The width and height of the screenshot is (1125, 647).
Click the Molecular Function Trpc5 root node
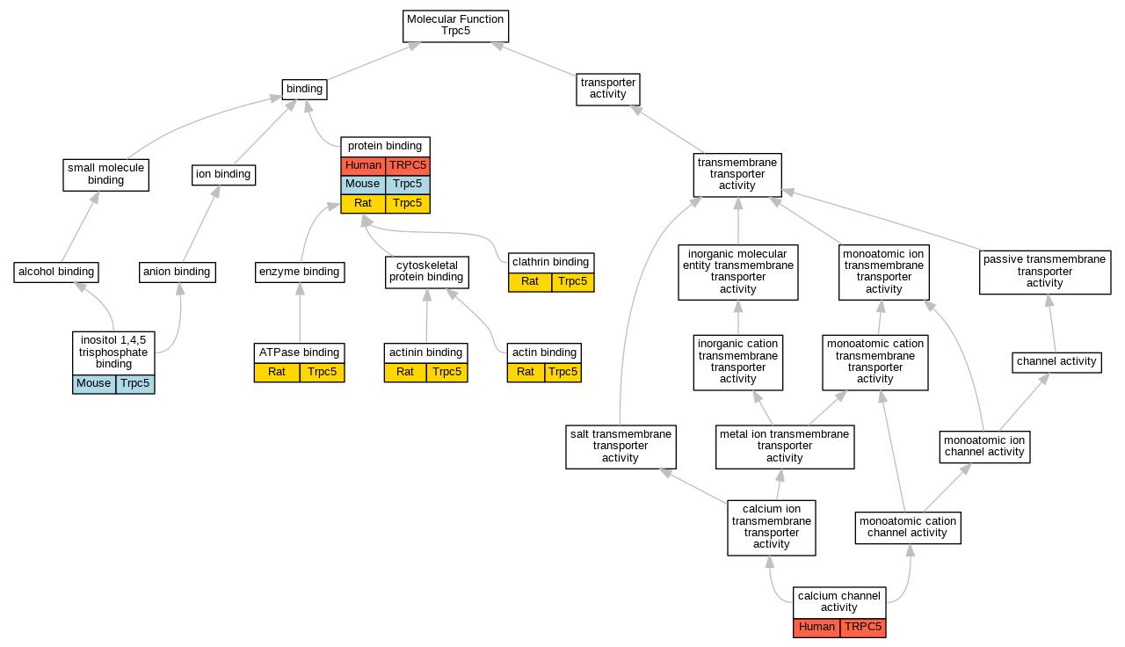pyautogui.click(x=455, y=25)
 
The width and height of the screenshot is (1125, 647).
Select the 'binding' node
pyautogui.click(x=304, y=89)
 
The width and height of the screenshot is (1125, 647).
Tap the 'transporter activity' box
pyautogui.click(x=607, y=89)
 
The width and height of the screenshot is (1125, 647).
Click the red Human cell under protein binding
pyautogui.click(x=363, y=166)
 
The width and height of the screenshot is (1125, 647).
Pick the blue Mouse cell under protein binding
pyautogui.click(x=362, y=185)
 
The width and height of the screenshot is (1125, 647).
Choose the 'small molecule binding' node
pyautogui.click(x=105, y=174)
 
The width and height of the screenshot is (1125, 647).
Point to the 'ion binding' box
pyautogui.click(x=223, y=175)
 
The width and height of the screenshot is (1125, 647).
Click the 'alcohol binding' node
pyautogui.click(x=56, y=273)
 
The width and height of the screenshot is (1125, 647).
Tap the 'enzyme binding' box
pyautogui.click(x=299, y=273)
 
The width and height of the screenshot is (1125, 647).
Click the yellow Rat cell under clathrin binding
pyautogui.click(x=530, y=282)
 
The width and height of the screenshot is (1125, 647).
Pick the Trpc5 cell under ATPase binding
pyautogui.click(x=322, y=373)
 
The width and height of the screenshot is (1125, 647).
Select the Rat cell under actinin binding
pyautogui.click(x=405, y=373)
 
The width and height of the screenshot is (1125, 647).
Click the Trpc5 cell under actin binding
pyautogui.click(x=562, y=373)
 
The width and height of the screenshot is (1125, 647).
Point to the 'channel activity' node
pyautogui.click(x=1056, y=361)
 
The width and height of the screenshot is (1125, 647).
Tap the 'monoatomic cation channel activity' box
pyautogui.click(x=909, y=527)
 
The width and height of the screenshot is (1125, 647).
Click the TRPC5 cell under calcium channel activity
pyautogui.click(x=862, y=628)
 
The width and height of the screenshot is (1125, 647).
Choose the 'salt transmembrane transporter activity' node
pyautogui.click(x=621, y=446)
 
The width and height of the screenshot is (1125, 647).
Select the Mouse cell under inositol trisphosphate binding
pyautogui.click(x=94, y=384)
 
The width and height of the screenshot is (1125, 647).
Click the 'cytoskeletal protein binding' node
pyautogui.click(x=426, y=272)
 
